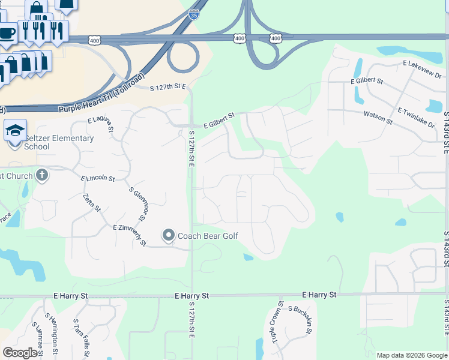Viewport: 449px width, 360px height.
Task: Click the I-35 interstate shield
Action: pyautogui.click(x=193, y=14)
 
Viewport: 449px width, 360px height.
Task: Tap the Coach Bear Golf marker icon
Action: pyautogui.click(x=169, y=235)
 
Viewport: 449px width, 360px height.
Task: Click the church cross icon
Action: pyautogui.click(x=41, y=175)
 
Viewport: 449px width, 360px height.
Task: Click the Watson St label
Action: pyautogui.click(x=377, y=117)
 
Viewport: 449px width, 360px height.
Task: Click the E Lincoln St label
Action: pyautogui.click(x=97, y=178)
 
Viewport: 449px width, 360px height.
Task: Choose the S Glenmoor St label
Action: pyautogui.click(x=138, y=203)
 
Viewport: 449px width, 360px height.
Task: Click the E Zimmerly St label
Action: pyautogui.click(x=129, y=235)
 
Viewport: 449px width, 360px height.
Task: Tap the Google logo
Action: pyautogui.click(x=20, y=352)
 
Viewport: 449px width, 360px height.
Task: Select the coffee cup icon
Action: pyautogui.click(x=7, y=33)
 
